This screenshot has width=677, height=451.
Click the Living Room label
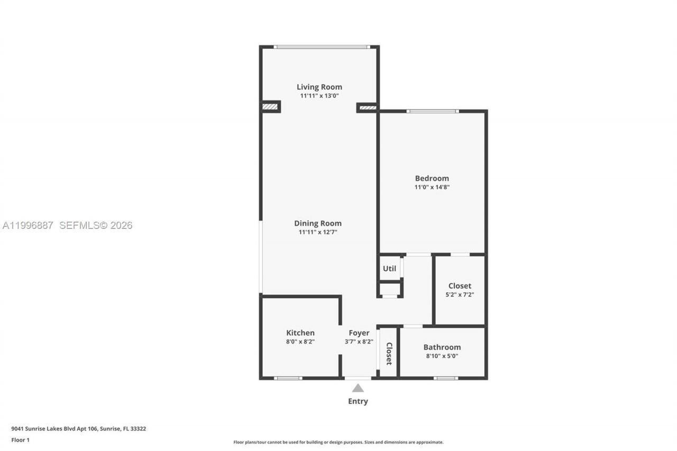click(x=319, y=87)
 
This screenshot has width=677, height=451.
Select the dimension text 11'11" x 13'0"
click(x=319, y=96)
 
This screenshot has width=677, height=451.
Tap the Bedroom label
click(x=432, y=178)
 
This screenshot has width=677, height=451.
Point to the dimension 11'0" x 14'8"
click(x=432, y=187)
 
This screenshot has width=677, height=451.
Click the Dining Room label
click(x=317, y=223)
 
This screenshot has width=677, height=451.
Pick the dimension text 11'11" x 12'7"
click(x=317, y=232)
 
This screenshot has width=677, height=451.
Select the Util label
click(x=389, y=269)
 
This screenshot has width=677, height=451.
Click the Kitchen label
click(x=300, y=333)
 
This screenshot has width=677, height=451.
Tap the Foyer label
click(x=359, y=333)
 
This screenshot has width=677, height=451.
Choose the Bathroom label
click(x=442, y=347)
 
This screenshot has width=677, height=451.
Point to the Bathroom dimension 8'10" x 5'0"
click(x=442, y=356)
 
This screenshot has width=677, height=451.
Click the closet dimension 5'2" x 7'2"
click(x=460, y=294)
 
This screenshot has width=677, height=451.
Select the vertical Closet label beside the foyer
click(x=389, y=353)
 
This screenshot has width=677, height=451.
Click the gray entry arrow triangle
click(x=358, y=388)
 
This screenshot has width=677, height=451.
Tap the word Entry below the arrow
click(x=358, y=401)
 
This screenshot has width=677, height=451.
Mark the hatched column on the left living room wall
click(x=270, y=106)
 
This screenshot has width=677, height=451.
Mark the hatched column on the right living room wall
click(x=368, y=108)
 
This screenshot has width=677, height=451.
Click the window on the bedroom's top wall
click(x=432, y=111)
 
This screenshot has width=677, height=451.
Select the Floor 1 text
click(x=20, y=440)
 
